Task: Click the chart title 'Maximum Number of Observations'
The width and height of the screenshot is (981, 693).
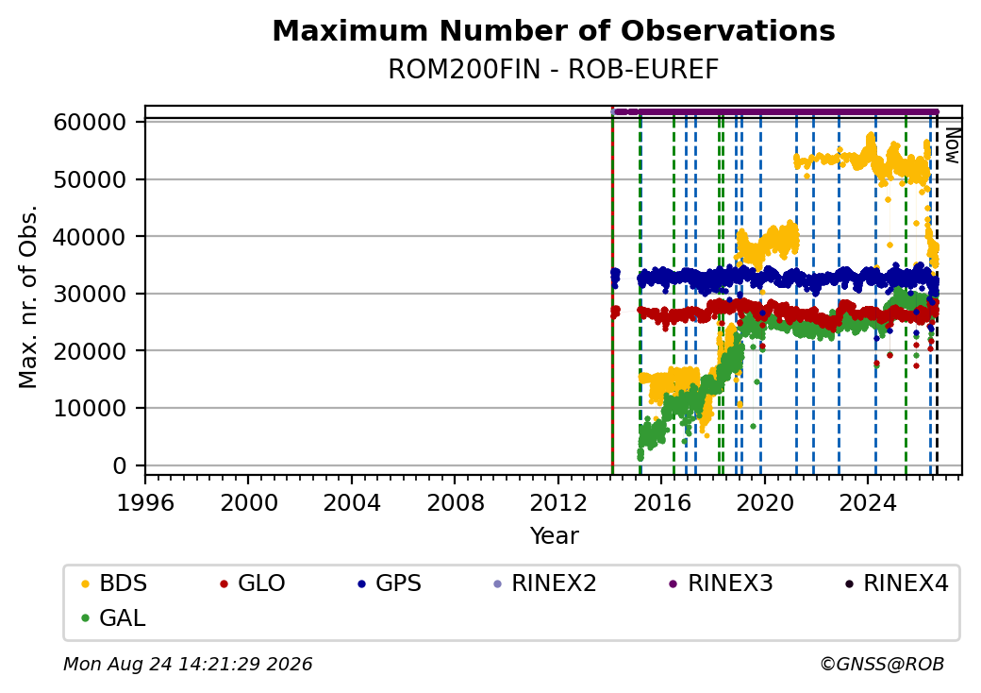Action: [x=554, y=30]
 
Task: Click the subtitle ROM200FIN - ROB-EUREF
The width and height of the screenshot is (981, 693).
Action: [x=554, y=70]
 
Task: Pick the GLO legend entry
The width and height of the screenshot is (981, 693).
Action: [x=252, y=583]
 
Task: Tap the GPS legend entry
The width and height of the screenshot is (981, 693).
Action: [x=390, y=583]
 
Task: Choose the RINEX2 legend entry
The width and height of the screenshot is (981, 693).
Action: [x=544, y=583]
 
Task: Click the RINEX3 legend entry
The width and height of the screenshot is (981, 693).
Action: [x=721, y=583]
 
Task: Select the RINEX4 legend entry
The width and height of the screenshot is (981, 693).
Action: [x=896, y=583]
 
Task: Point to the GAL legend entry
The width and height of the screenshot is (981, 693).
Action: [x=113, y=617]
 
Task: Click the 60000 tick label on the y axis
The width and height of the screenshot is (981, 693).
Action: [x=91, y=122]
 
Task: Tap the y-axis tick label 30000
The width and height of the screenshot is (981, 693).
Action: [x=91, y=294]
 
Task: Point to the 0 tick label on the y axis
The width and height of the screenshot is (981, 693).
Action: [x=120, y=465]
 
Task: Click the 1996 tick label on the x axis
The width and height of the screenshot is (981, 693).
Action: [x=145, y=502]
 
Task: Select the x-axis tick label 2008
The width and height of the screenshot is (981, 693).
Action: [x=455, y=502]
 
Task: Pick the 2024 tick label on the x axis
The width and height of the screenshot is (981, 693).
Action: [x=868, y=502]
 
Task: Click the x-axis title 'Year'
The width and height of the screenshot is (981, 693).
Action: [x=555, y=536]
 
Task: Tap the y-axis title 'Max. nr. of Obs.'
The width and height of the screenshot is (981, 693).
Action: [x=28, y=296]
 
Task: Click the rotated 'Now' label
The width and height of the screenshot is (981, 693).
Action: [x=952, y=145]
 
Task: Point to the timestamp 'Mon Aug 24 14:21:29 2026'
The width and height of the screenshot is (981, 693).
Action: [x=188, y=664]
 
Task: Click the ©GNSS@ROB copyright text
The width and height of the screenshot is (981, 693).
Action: [x=882, y=664]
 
